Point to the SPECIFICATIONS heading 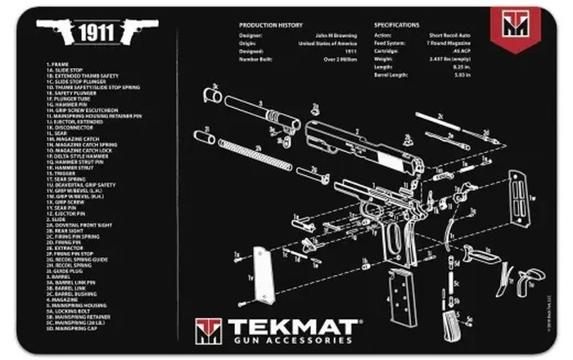point(400,25)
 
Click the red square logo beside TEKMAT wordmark point(208,331)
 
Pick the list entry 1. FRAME point(56,63)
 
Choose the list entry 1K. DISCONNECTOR point(66,127)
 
